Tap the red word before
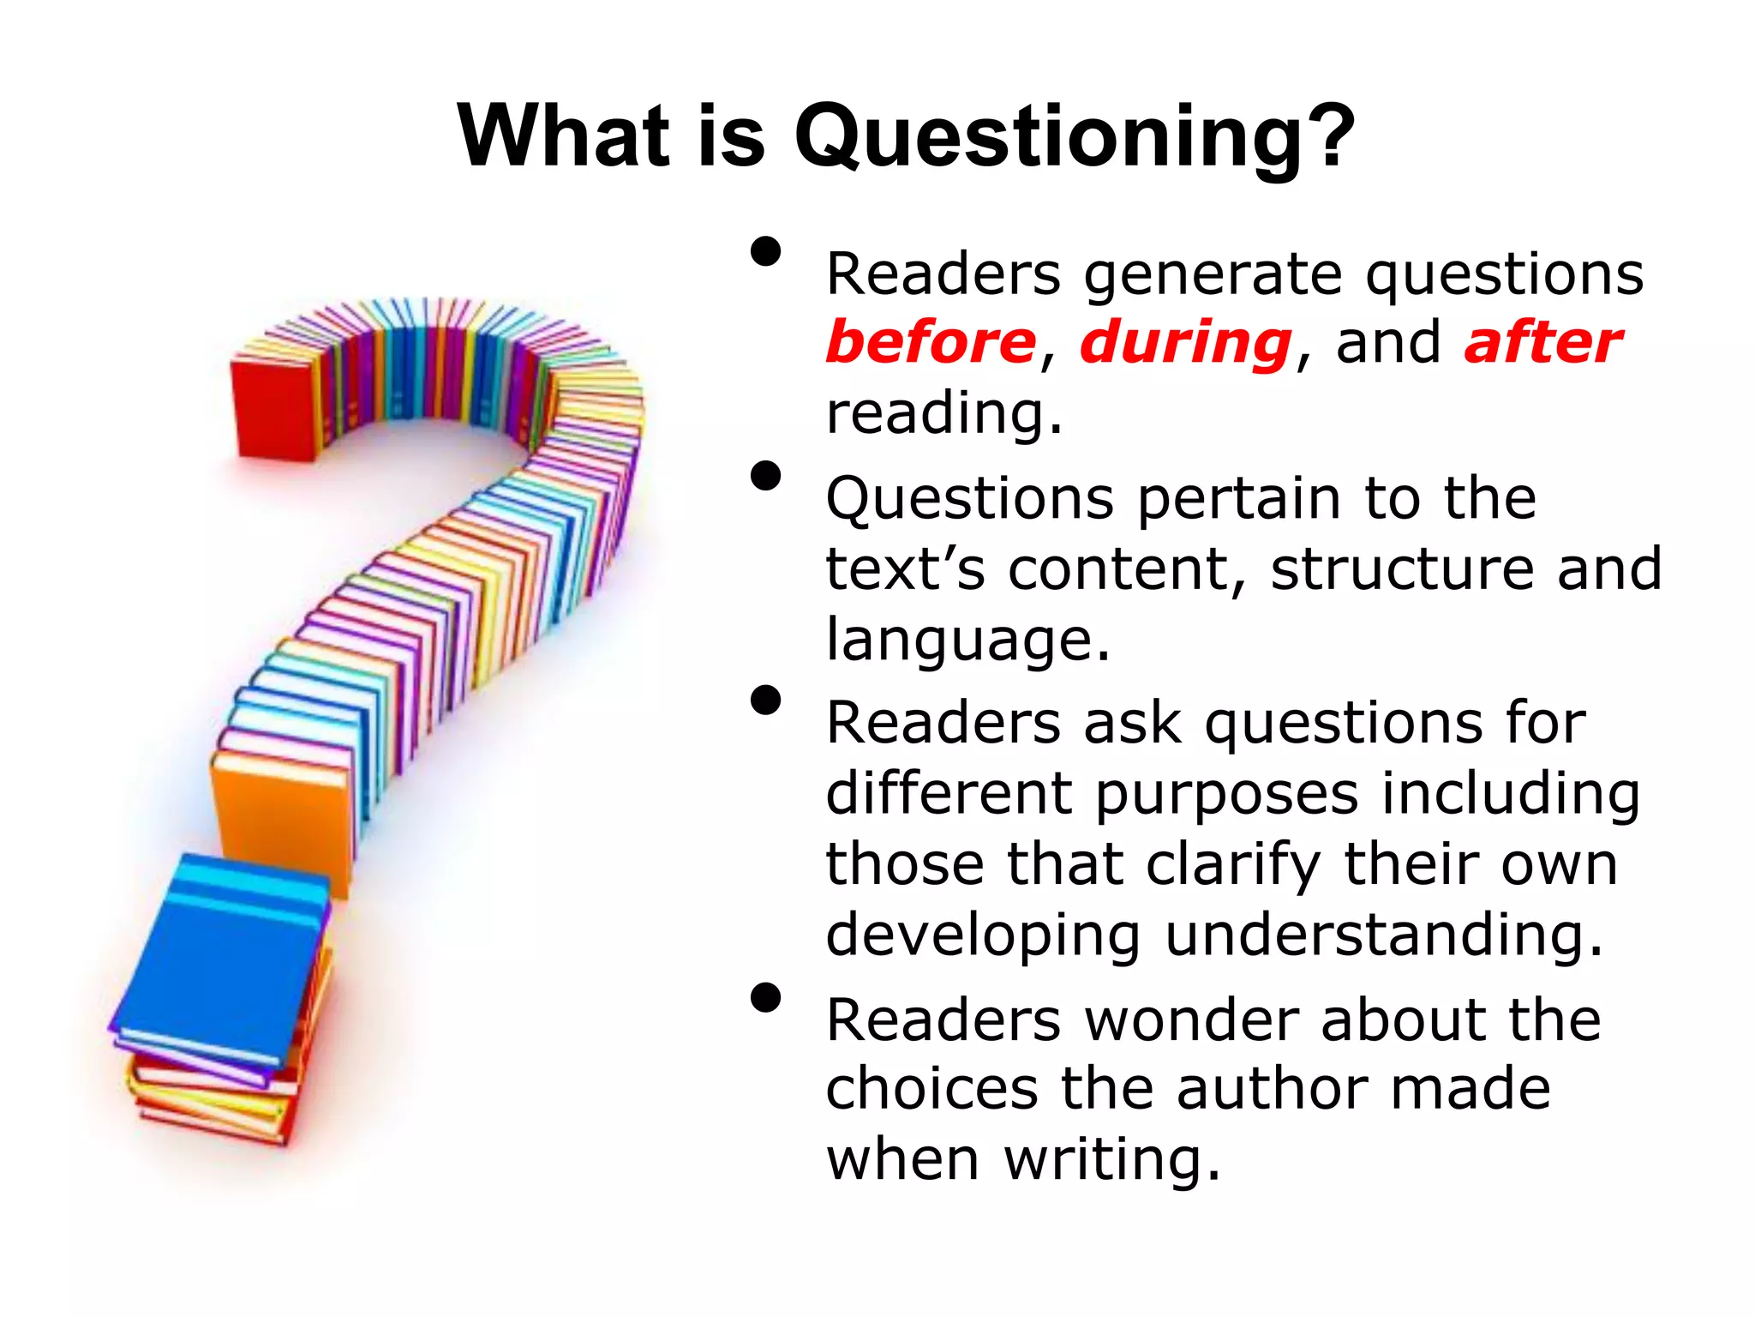tap(931, 342)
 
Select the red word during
tap(1186, 342)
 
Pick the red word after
tap(1542, 342)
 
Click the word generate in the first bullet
tap(1213, 276)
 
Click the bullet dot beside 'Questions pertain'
tap(766, 476)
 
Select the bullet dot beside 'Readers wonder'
tap(766, 998)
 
